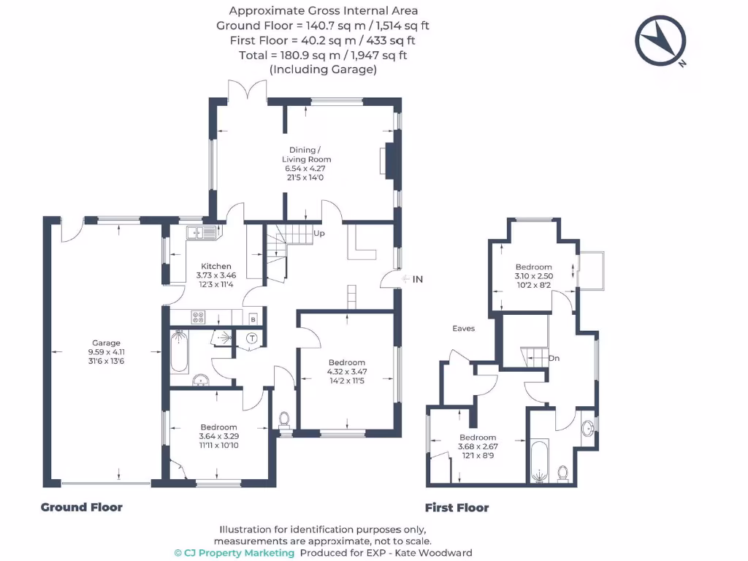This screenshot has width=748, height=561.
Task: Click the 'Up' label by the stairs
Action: [318, 234]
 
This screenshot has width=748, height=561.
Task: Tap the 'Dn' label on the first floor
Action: [554, 358]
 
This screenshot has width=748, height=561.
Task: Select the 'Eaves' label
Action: [463, 329]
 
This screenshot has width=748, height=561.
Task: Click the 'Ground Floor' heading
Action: [81, 507]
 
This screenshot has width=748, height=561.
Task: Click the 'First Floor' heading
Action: [457, 508]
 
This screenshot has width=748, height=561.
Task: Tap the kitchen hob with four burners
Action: [198, 317]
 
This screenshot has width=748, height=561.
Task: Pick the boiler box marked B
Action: [253, 319]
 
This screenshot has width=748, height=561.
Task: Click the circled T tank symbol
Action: [251, 337]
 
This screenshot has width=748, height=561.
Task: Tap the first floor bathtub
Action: [538, 462]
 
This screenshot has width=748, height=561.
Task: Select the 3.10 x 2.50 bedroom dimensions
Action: [533, 276]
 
